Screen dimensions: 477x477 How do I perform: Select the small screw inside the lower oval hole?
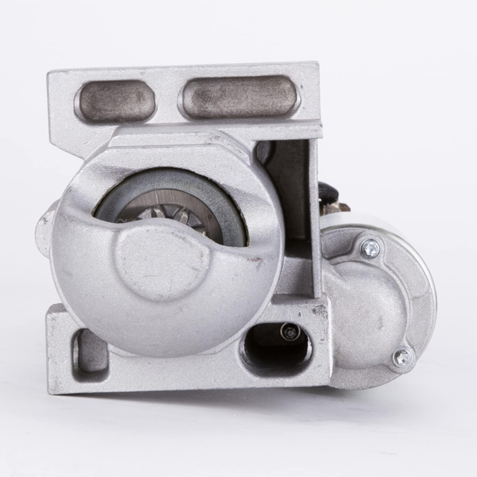pos(289,333)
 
